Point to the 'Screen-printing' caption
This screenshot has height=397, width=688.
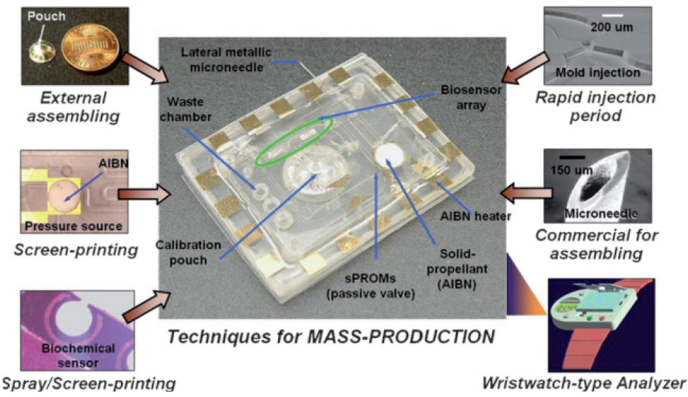[x=76, y=249]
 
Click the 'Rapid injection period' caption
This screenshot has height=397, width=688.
[x=596, y=105]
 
